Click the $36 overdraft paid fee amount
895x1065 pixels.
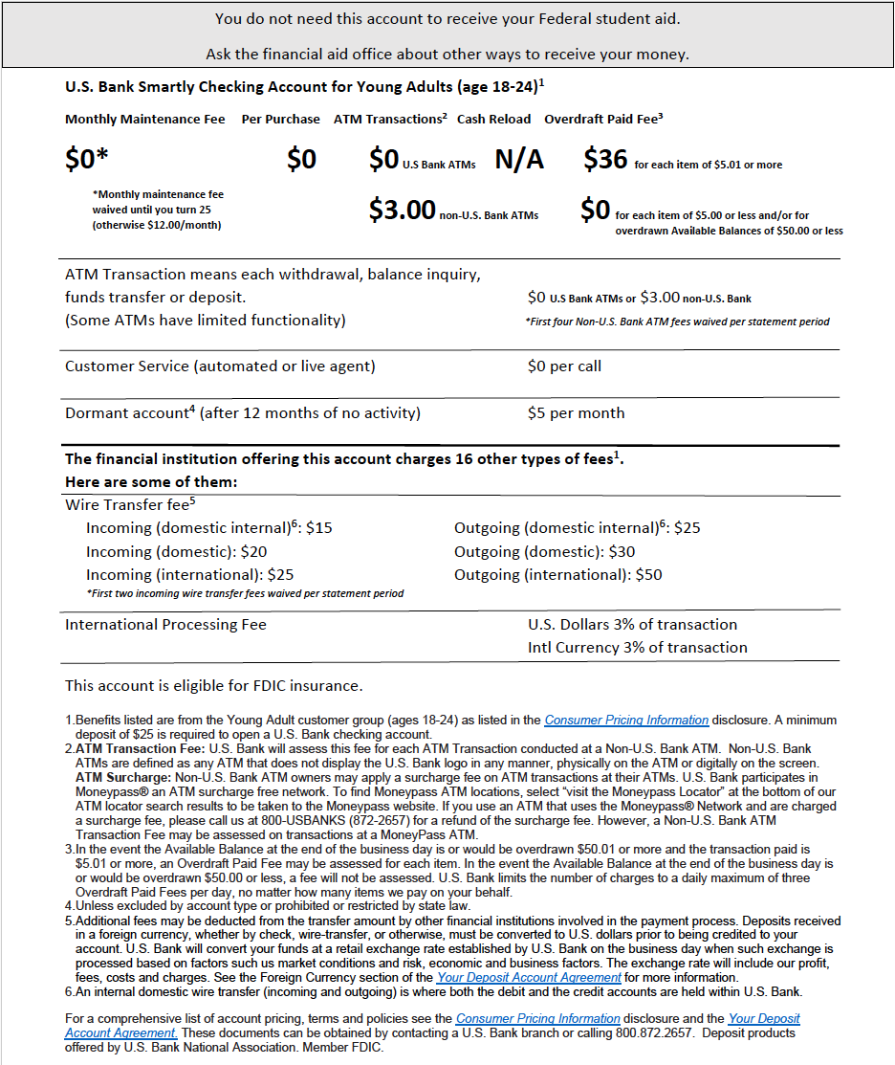tap(605, 160)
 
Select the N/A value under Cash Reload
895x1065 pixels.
tap(519, 160)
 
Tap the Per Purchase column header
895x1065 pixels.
tap(280, 120)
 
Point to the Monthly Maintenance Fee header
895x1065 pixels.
tap(145, 120)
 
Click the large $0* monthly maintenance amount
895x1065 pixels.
tap(87, 160)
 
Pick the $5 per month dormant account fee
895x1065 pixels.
tap(576, 413)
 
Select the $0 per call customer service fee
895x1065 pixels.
tap(564, 366)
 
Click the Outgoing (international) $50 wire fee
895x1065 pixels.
tap(557, 575)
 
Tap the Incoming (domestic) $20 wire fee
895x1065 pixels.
tap(176, 552)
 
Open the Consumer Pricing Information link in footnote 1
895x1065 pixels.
tap(626, 721)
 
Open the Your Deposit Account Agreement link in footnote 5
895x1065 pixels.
tap(529, 978)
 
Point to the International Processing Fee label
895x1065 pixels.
tap(165, 625)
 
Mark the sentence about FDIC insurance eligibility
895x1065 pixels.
tap(213, 686)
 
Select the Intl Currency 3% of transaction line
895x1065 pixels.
tap(637, 648)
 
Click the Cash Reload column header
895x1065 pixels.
tap(493, 120)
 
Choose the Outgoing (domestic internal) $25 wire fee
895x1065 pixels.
tap(578, 528)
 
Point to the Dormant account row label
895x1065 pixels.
tap(243, 413)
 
